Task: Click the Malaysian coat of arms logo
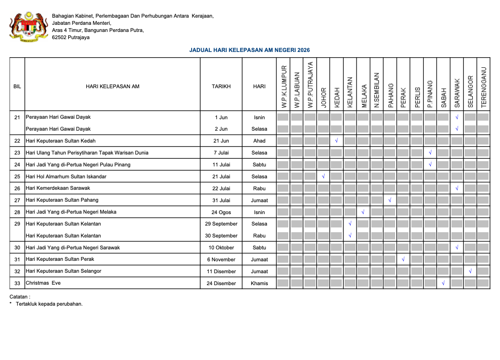point(29,27)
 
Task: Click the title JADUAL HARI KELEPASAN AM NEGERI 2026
point(249,50)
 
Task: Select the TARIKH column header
point(221,86)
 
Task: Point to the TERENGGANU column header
point(484,87)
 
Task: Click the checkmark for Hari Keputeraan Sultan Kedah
point(337,141)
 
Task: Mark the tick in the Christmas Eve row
point(443,283)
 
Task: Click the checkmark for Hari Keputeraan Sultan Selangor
point(470,271)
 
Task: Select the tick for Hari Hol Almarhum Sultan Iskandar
point(323,176)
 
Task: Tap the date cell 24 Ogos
point(221,212)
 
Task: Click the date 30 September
point(221,236)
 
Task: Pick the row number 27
point(17,200)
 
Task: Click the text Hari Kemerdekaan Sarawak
point(58,188)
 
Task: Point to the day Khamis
point(259,283)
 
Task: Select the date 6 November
point(221,259)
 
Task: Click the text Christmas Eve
point(43,283)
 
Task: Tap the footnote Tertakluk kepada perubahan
point(49,304)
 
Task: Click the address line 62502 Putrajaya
point(71,38)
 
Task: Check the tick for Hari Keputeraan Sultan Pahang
point(390,200)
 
